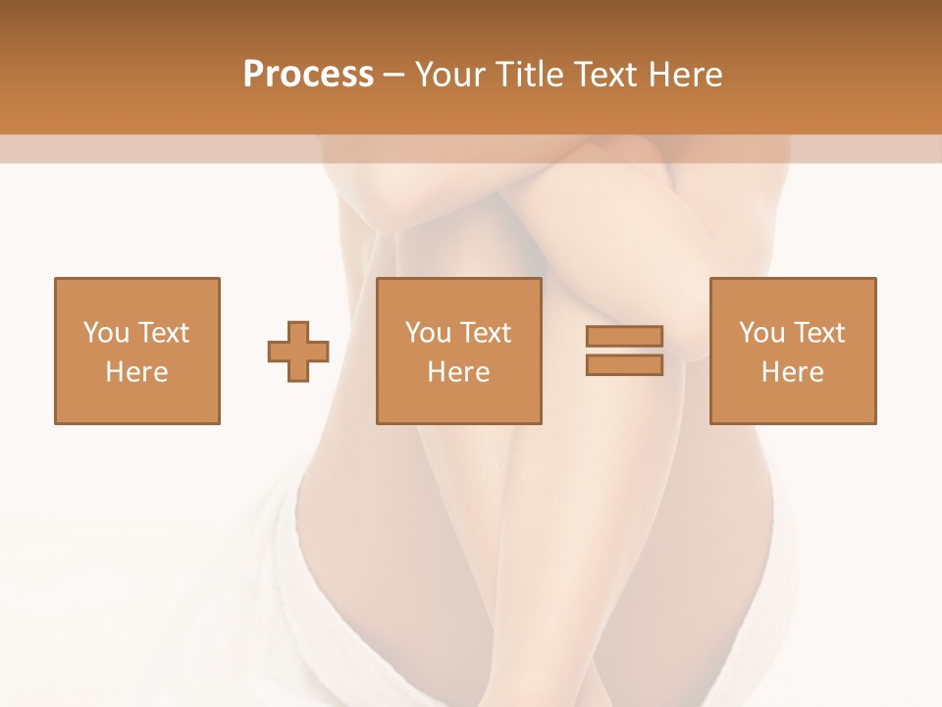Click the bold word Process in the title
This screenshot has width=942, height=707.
(308, 75)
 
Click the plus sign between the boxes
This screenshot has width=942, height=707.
(298, 352)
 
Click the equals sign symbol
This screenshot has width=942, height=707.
(624, 351)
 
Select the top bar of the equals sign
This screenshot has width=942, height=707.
(624, 337)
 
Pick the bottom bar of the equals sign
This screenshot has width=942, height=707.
(624, 365)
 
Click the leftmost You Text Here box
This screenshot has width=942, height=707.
(137, 352)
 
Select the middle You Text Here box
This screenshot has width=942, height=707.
(459, 352)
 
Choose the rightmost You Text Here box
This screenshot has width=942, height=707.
(793, 352)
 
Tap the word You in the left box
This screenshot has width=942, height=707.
(105, 333)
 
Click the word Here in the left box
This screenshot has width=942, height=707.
(137, 372)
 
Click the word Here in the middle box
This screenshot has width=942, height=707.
(459, 372)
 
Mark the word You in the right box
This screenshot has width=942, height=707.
(761, 333)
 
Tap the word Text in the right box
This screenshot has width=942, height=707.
(818, 333)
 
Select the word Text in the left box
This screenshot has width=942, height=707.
(163, 333)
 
